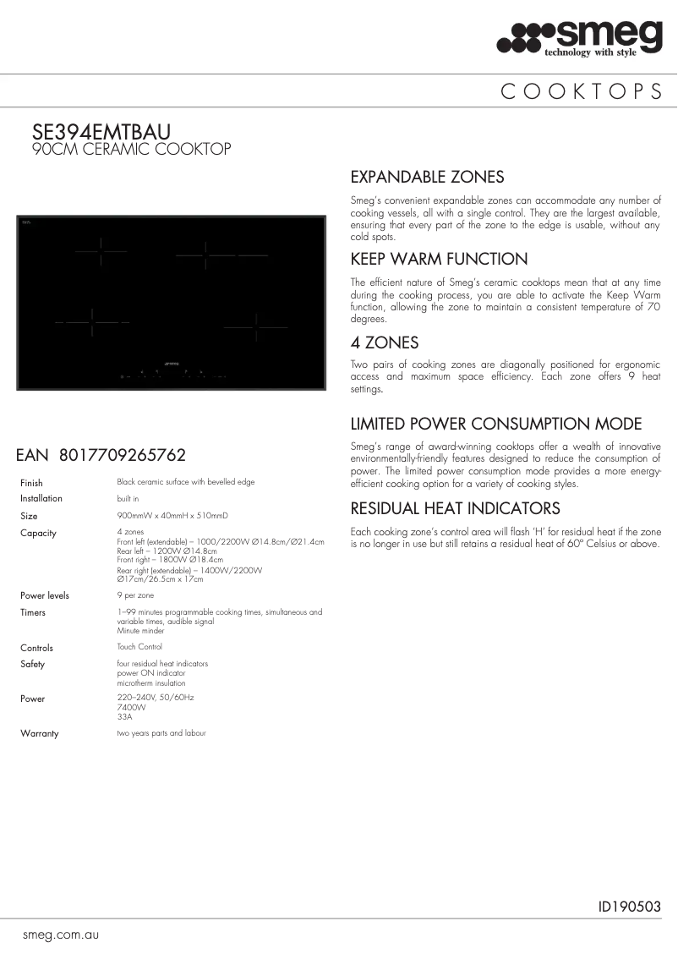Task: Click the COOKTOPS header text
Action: (582, 92)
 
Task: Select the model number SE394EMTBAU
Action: (101, 133)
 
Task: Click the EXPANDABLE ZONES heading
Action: (427, 177)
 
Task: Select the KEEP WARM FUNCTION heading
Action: (439, 259)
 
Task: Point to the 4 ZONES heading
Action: (385, 342)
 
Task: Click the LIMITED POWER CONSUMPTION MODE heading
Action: (496, 424)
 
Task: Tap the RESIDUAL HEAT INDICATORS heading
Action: (455, 508)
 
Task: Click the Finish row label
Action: (31, 483)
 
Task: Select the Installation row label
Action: (41, 499)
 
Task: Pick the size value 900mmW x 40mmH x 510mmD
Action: (172, 515)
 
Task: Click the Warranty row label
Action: (40, 733)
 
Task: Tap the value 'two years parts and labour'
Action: (161, 732)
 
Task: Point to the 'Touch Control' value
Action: (139, 647)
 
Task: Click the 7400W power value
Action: (131, 707)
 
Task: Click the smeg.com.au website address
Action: (62, 935)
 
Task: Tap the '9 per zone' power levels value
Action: (135, 595)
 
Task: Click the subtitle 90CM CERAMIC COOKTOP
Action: (131, 150)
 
